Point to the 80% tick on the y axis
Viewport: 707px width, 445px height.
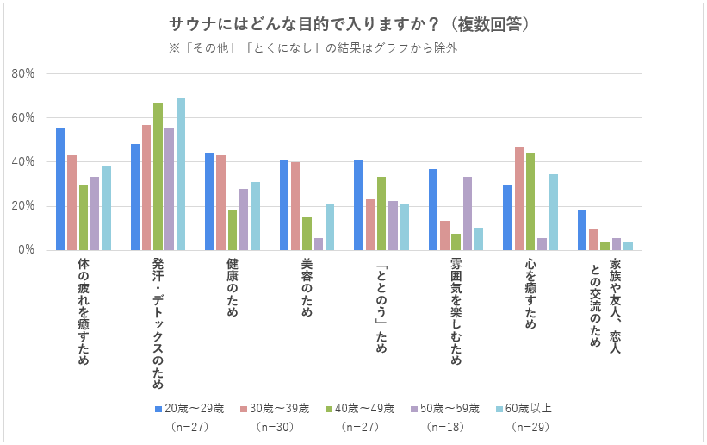(x=23, y=74)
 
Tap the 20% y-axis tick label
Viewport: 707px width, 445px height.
(x=23, y=206)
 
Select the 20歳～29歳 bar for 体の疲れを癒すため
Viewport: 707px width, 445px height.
(x=60, y=189)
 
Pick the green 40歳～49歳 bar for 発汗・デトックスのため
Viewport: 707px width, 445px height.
(x=158, y=177)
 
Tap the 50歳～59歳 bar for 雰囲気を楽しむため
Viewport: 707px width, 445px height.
(x=468, y=213)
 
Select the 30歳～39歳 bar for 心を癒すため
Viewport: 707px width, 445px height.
(x=519, y=198)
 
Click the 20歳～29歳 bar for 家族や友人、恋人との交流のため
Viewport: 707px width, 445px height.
(x=582, y=229)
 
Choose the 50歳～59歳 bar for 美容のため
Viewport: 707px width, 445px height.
(x=319, y=244)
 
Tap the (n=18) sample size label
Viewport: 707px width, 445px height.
(x=444, y=427)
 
